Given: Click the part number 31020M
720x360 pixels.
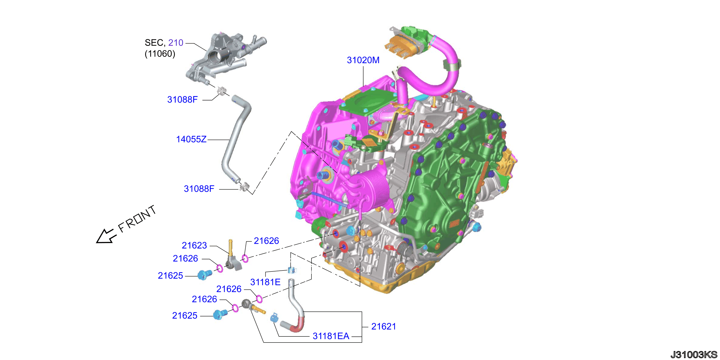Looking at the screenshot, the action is [x=363, y=60].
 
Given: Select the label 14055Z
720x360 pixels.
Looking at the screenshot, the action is [x=191, y=139].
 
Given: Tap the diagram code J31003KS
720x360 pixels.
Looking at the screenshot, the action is [x=694, y=354].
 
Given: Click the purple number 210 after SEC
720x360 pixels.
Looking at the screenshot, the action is [x=176, y=43].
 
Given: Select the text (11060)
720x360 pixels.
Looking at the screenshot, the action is [x=160, y=54].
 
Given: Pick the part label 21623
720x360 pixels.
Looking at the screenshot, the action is [x=194, y=245].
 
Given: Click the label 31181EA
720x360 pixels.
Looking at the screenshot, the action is [x=331, y=336].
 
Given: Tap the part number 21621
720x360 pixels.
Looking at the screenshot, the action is [x=384, y=327].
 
